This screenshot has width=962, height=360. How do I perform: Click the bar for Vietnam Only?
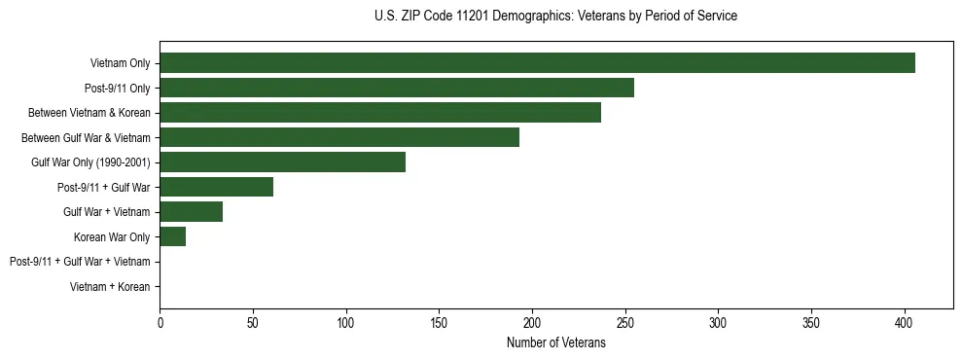537,63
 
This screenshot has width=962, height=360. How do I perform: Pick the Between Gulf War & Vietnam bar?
339,138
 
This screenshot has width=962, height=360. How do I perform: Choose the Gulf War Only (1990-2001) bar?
282,162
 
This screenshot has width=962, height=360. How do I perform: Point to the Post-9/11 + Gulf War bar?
216,188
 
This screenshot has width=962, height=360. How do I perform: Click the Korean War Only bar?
172,237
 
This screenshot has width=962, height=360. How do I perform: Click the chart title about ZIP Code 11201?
555,17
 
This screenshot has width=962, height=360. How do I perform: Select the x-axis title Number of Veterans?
555,343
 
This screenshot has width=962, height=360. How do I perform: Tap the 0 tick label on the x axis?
160,322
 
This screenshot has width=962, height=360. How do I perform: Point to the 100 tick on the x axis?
346,322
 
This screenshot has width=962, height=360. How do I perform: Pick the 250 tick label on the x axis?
625,322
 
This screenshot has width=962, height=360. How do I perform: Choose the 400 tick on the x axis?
905,322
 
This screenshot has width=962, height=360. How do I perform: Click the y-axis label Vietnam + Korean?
110,287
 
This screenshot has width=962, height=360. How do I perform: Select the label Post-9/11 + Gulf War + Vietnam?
80,262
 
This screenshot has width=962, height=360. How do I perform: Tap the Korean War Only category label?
112,237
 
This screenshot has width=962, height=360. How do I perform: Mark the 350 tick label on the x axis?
811,322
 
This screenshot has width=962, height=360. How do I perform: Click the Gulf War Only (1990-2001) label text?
90,162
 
